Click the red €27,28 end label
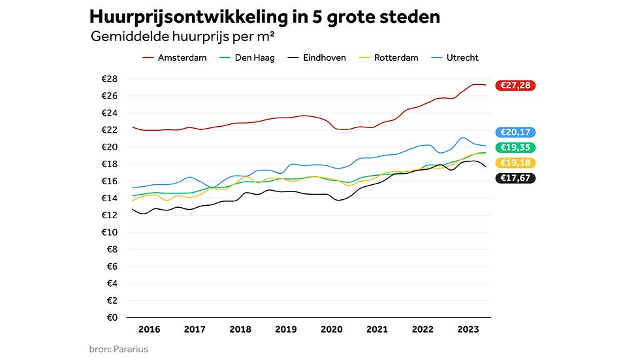(x=515, y=86)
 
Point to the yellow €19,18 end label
(x=515, y=163)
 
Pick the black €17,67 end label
(x=515, y=178)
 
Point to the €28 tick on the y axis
(x=109, y=79)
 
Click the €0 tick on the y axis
(x=112, y=318)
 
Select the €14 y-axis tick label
(x=109, y=198)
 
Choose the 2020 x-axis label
(x=332, y=329)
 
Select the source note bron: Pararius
(x=118, y=349)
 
